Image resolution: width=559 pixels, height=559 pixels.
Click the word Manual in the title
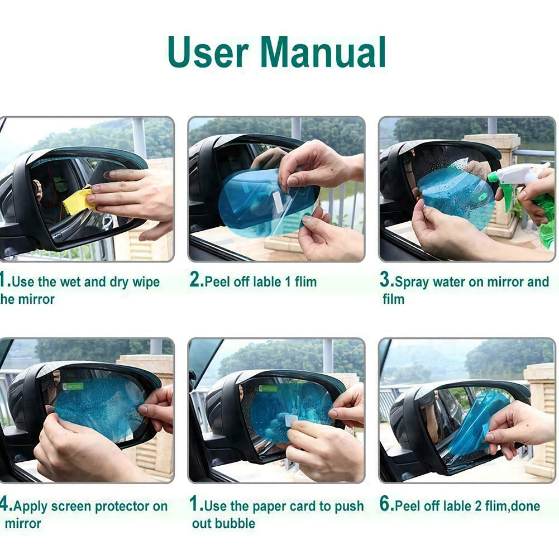click(323, 52)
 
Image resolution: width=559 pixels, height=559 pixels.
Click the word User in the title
click(208, 52)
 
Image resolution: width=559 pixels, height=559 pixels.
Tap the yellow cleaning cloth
click(79, 201)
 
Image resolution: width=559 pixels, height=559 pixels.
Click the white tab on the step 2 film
click(278, 202)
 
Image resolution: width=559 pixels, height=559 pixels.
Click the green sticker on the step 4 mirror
click(73, 386)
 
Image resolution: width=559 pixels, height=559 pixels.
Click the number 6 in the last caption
click(386, 505)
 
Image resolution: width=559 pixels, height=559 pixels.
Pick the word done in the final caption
click(524, 507)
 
